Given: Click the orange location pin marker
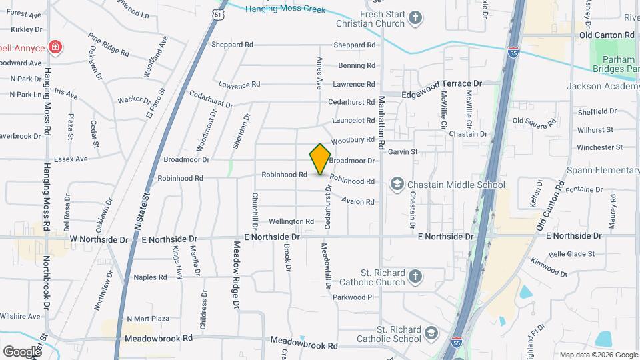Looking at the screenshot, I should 321,159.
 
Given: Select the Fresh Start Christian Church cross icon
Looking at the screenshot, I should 415,18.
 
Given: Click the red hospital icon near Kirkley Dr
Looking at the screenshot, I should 56,47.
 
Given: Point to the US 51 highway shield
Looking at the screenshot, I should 217,13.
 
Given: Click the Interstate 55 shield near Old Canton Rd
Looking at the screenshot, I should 512,51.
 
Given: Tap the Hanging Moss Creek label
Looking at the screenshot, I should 285,9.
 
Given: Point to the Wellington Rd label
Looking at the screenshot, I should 291,221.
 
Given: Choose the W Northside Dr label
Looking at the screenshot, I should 99,239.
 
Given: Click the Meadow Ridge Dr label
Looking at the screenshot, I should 236,275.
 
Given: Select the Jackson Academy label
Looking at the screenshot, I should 603,87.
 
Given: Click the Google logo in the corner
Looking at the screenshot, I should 22,351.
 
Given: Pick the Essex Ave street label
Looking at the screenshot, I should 71,159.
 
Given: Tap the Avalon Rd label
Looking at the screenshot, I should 358,201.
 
